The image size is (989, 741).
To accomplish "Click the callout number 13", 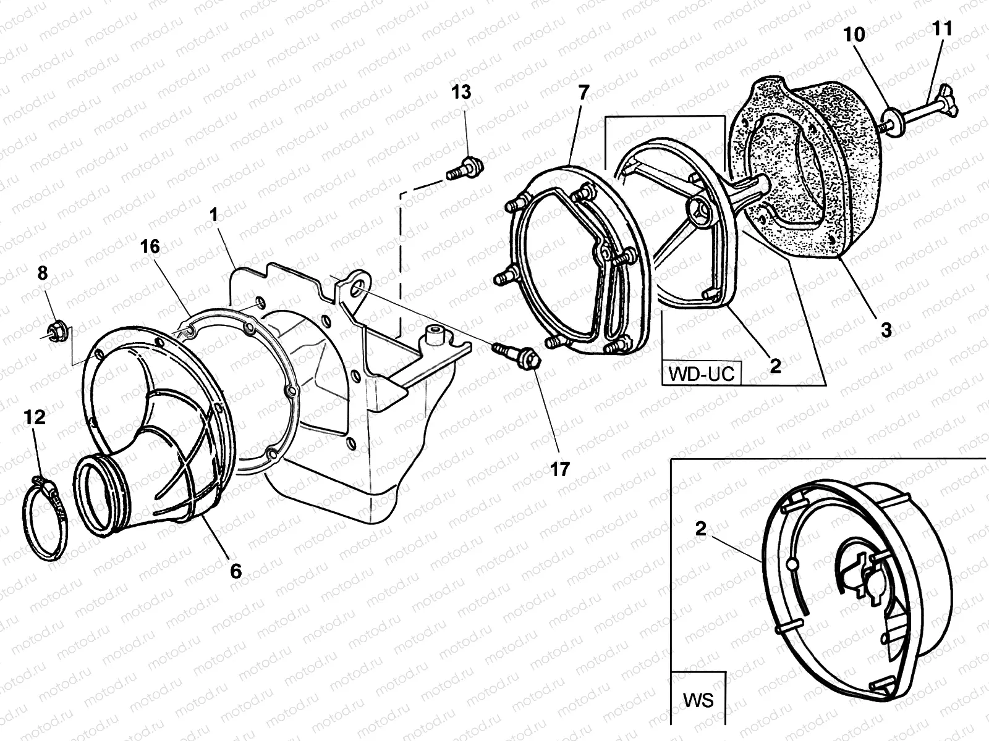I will click(461, 93).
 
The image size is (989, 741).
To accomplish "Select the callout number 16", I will click(150, 247).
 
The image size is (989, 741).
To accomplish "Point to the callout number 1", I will click(214, 216).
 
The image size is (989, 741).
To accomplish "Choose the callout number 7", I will click(584, 93).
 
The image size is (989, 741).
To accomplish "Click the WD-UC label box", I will click(701, 374).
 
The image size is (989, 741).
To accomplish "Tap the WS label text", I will click(698, 701).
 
